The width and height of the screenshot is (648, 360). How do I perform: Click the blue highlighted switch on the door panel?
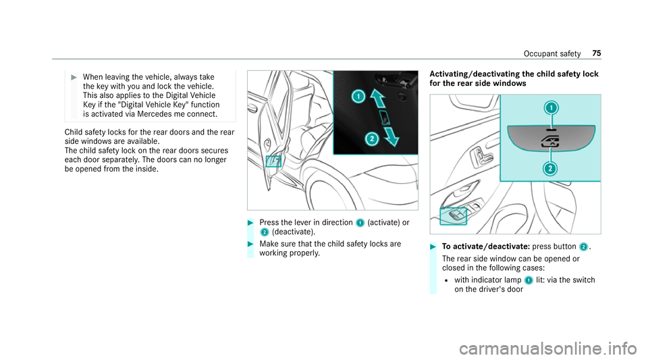(x=453, y=216)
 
